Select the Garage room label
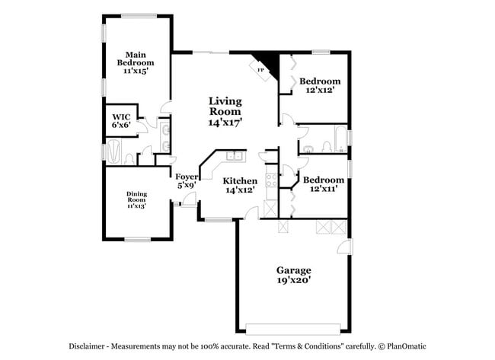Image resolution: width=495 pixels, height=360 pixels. [292, 269]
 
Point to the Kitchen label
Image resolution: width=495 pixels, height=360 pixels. [239, 180]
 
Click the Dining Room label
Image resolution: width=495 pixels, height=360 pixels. [136, 196]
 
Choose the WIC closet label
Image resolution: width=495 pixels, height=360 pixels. [121, 116]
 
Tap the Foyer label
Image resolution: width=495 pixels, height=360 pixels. [187, 177]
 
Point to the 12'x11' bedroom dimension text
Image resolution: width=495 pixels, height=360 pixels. [324, 190]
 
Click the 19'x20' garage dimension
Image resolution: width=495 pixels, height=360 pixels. [292, 280]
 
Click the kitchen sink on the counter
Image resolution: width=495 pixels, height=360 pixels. [234, 157]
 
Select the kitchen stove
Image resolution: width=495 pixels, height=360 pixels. [272, 180]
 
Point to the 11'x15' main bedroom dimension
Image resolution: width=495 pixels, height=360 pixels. [136, 71]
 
